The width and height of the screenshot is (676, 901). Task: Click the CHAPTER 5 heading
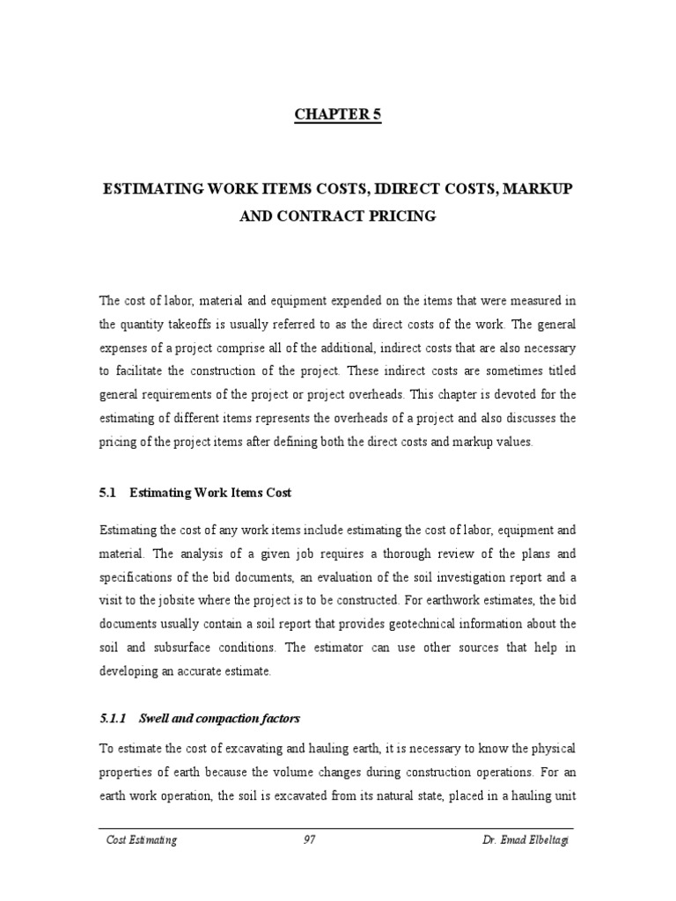337,115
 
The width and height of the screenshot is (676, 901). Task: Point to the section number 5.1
109,494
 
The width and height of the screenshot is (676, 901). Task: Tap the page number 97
309,840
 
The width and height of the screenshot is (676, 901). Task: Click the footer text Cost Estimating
141,840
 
